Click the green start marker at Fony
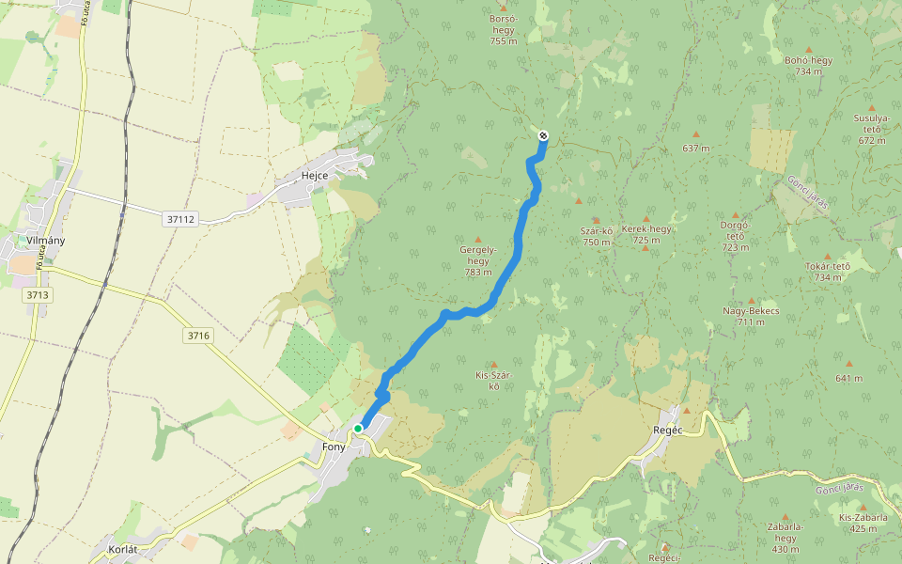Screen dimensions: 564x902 (x=358, y=429)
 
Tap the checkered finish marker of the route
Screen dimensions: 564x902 (x=543, y=136)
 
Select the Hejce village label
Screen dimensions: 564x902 (x=314, y=176)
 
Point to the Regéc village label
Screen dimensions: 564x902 (x=665, y=428)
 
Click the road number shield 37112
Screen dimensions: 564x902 (x=179, y=219)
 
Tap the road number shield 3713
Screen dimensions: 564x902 (x=37, y=295)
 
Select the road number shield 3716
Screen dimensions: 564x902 (x=198, y=336)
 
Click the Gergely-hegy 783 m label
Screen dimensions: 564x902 (x=477, y=260)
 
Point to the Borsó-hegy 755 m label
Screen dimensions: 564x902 (x=504, y=29)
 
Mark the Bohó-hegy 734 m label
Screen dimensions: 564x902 (x=808, y=65)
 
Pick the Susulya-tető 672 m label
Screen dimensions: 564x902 (x=871, y=129)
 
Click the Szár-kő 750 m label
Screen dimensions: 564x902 (x=597, y=236)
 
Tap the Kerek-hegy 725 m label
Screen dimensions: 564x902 (x=646, y=234)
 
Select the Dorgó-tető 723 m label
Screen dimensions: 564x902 (x=735, y=236)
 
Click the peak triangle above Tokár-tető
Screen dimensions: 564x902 (x=828, y=256)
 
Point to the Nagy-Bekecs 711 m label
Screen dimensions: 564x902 (x=751, y=316)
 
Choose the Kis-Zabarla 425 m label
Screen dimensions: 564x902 (x=857, y=523)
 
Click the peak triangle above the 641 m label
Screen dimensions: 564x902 (x=848, y=364)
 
